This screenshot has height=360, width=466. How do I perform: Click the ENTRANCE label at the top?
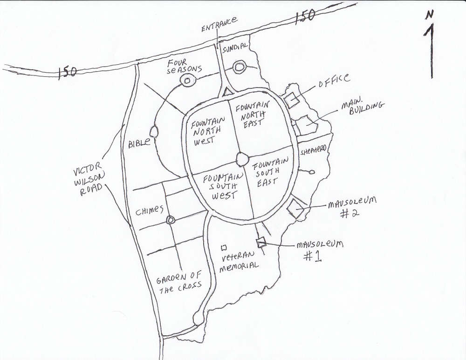click(x=219, y=24)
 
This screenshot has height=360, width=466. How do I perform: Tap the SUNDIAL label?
click(x=235, y=47)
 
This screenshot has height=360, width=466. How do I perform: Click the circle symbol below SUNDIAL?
click(x=239, y=67)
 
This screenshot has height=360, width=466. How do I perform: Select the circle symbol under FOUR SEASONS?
click(x=187, y=80)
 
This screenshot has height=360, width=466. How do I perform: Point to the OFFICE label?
click(x=334, y=80)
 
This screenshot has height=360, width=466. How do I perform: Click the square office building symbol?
click(x=292, y=99)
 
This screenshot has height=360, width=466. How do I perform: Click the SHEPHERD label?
click(x=314, y=150)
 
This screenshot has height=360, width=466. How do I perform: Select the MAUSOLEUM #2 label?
click(x=352, y=207)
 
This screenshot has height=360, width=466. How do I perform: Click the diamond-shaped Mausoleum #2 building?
click(x=295, y=209)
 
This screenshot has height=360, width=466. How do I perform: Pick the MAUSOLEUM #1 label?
click(x=320, y=250)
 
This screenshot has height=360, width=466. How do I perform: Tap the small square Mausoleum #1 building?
click(x=261, y=243)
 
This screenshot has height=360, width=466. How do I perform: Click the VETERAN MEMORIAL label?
click(x=239, y=261)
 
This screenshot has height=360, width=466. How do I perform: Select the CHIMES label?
click(x=150, y=211)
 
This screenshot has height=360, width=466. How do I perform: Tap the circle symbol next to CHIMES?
click(x=170, y=220)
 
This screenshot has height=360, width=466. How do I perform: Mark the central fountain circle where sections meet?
click(x=242, y=159)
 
